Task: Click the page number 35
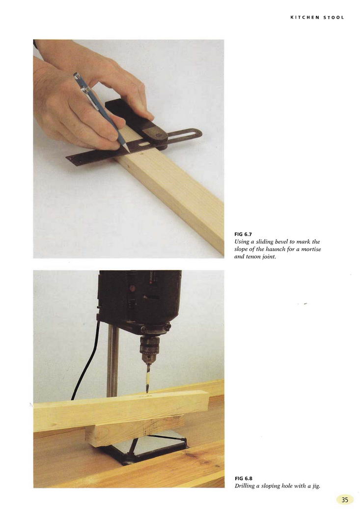click(x=345, y=500)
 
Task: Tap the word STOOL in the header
click(x=333, y=17)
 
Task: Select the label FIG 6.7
click(x=243, y=234)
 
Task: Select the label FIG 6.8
click(x=244, y=478)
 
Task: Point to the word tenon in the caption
click(x=254, y=257)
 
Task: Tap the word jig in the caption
click(x=315, y=486)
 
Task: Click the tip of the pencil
click(x=130, y=153)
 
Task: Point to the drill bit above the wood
click(x=148, y=378)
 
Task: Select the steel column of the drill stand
click(x=112, y=362)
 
